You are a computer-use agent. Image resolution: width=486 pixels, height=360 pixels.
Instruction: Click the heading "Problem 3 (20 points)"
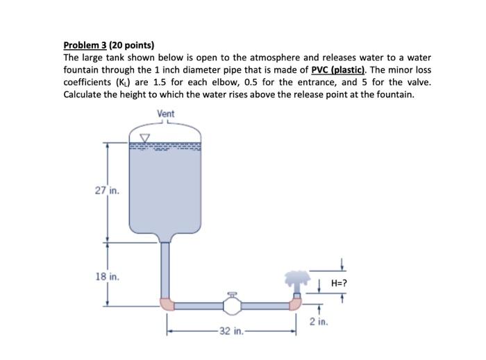[x=108, y=46]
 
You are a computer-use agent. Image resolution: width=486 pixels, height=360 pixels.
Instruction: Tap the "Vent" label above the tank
[x=166, y=113]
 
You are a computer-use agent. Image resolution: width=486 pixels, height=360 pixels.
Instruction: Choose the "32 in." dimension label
[x=228, y=331]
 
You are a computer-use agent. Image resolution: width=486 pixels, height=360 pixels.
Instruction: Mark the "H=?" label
[x=340, y=283]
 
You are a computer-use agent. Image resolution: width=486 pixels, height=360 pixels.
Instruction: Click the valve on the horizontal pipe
[x=231, y=304]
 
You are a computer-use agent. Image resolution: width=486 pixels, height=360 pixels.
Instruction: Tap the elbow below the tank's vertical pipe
[x=167, y=303]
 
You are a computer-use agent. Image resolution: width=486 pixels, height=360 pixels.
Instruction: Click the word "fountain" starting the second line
[x=82, y=69]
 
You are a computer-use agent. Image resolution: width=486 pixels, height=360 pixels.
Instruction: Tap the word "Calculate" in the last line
[x=85, y=94]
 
